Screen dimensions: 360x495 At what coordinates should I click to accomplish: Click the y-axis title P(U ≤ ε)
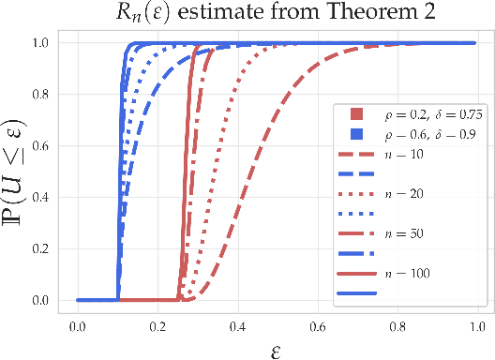tap(21, 170)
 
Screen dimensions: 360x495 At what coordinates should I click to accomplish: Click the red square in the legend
tap(356, 114)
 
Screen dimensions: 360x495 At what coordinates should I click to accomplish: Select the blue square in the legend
tap(356, 134)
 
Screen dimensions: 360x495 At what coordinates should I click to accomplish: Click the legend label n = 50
tap(405, 232)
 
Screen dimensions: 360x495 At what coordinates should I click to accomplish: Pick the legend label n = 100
tap(409, 272)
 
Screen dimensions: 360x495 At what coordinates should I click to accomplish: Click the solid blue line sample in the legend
tap(356, 292)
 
